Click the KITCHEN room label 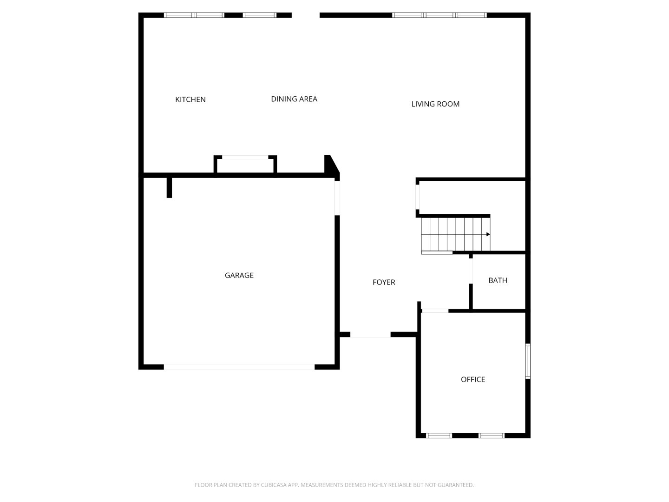190,99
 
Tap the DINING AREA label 294,99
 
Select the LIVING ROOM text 435,104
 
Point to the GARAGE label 239,275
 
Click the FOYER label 384,282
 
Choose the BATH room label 498,280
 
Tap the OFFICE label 472,379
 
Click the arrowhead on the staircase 488,234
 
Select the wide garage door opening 239,367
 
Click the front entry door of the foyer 370,334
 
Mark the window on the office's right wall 528,361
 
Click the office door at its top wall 435,310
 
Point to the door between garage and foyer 337,198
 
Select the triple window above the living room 439,15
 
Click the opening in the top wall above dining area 305,15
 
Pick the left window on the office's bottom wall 439,436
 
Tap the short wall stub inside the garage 169,187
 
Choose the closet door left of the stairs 418,197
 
